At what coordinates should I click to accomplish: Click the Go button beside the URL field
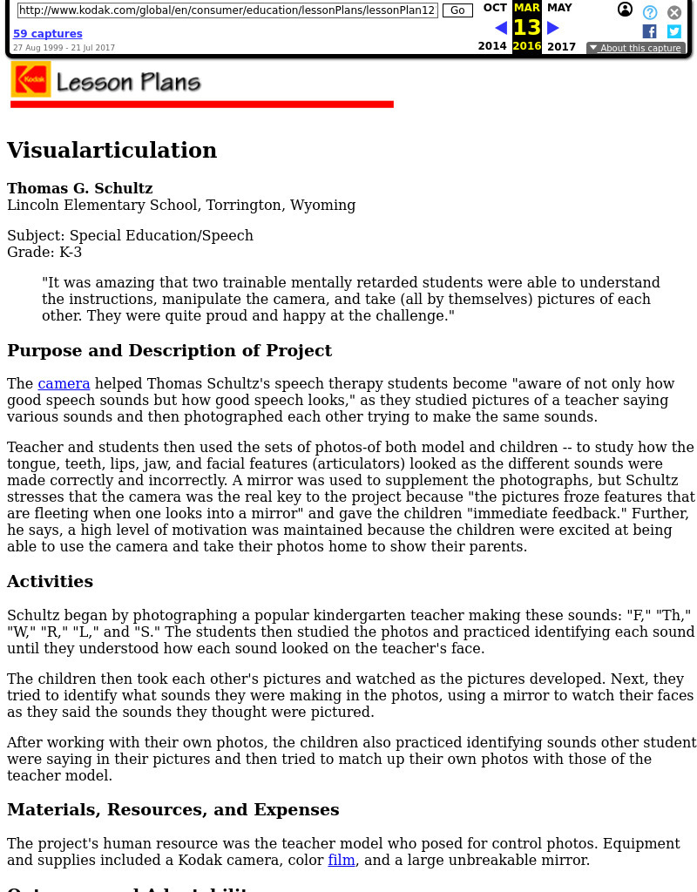click(457, 10)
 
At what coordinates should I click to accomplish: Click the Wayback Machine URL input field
click(227, 10)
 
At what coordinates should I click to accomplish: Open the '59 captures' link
click(48, 34)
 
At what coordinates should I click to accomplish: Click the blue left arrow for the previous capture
click(501, 28)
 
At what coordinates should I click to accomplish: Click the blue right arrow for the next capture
click(553, 28)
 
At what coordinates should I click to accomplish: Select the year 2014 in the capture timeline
click(492, 47)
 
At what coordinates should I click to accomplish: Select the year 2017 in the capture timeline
click(561, 47)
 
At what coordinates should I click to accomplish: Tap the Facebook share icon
click(649, 31)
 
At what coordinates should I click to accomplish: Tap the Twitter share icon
click(673, 31)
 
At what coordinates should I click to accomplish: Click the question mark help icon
click(650, 12)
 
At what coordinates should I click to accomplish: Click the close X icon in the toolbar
click(674, 12)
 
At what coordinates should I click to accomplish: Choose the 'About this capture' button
click(635, 48)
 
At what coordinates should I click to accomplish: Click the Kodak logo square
click(30, 79)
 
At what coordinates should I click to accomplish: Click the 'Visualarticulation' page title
click(112, 151)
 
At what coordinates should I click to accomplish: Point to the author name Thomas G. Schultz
click(79, 188)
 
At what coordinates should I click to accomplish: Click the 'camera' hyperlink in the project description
click(64, 383)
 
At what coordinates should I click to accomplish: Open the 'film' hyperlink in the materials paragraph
click(342, 860)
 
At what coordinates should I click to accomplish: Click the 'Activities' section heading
click(50, 581)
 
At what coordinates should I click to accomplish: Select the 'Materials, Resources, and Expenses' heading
click(173, 809)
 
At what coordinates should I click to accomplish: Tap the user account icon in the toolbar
click(625, 10)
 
